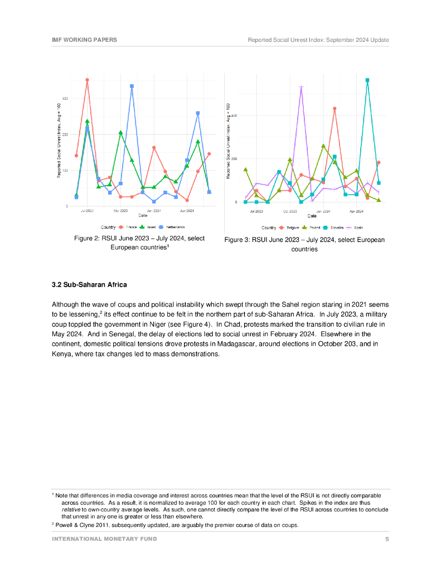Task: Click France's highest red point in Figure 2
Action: pyautogui.click(x=87, y=80)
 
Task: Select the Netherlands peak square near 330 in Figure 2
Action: pyautogui.click(x=132, y=86)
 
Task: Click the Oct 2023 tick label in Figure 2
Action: pyautogui.click(x=120, y=211)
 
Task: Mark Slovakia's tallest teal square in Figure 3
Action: pyautogui.click(x=367, y=80)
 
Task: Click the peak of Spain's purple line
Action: pyautogui.click(x=301, y=87)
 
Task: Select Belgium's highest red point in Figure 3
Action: pyautogui.click(x=335, y=109)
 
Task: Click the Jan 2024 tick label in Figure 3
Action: pyautogui.click(x=323, y=211)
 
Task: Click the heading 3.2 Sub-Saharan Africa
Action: pyautogui.click(x=89, y=285)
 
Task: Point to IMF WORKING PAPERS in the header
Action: pyautogui.click(x=84, y=40)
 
